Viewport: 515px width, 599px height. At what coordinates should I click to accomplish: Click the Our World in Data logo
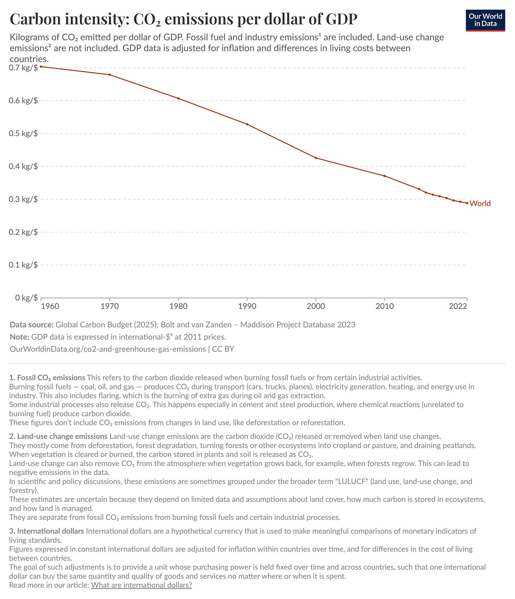[485, 20]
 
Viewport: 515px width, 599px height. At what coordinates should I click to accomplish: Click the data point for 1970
[110, 75]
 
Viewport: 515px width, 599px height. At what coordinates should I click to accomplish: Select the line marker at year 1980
[178, 98]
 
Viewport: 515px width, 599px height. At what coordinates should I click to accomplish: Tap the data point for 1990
[247, 124]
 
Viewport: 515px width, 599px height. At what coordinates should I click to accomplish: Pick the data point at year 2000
[316, 158]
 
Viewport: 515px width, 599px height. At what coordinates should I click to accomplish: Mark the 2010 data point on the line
[384, 176]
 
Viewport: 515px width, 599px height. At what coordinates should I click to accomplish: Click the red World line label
[480, 204]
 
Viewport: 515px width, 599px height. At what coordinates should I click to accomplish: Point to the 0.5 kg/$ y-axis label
[23, 134]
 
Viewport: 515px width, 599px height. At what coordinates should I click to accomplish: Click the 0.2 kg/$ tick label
[23, 232]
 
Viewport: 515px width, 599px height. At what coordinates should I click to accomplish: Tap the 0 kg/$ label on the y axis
[26, 298]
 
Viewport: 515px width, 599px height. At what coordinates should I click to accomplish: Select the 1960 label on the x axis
[50, 306]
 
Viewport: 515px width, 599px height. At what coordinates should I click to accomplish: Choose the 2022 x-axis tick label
[458, 306]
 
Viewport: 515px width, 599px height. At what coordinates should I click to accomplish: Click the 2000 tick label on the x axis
[316, 306]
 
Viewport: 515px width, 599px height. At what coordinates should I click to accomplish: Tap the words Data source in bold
[31, 325]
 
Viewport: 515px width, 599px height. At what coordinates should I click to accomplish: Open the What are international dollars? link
[141, 585]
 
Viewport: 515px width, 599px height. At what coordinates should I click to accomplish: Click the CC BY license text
[223, 349]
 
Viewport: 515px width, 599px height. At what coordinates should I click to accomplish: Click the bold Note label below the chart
[19, 337]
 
